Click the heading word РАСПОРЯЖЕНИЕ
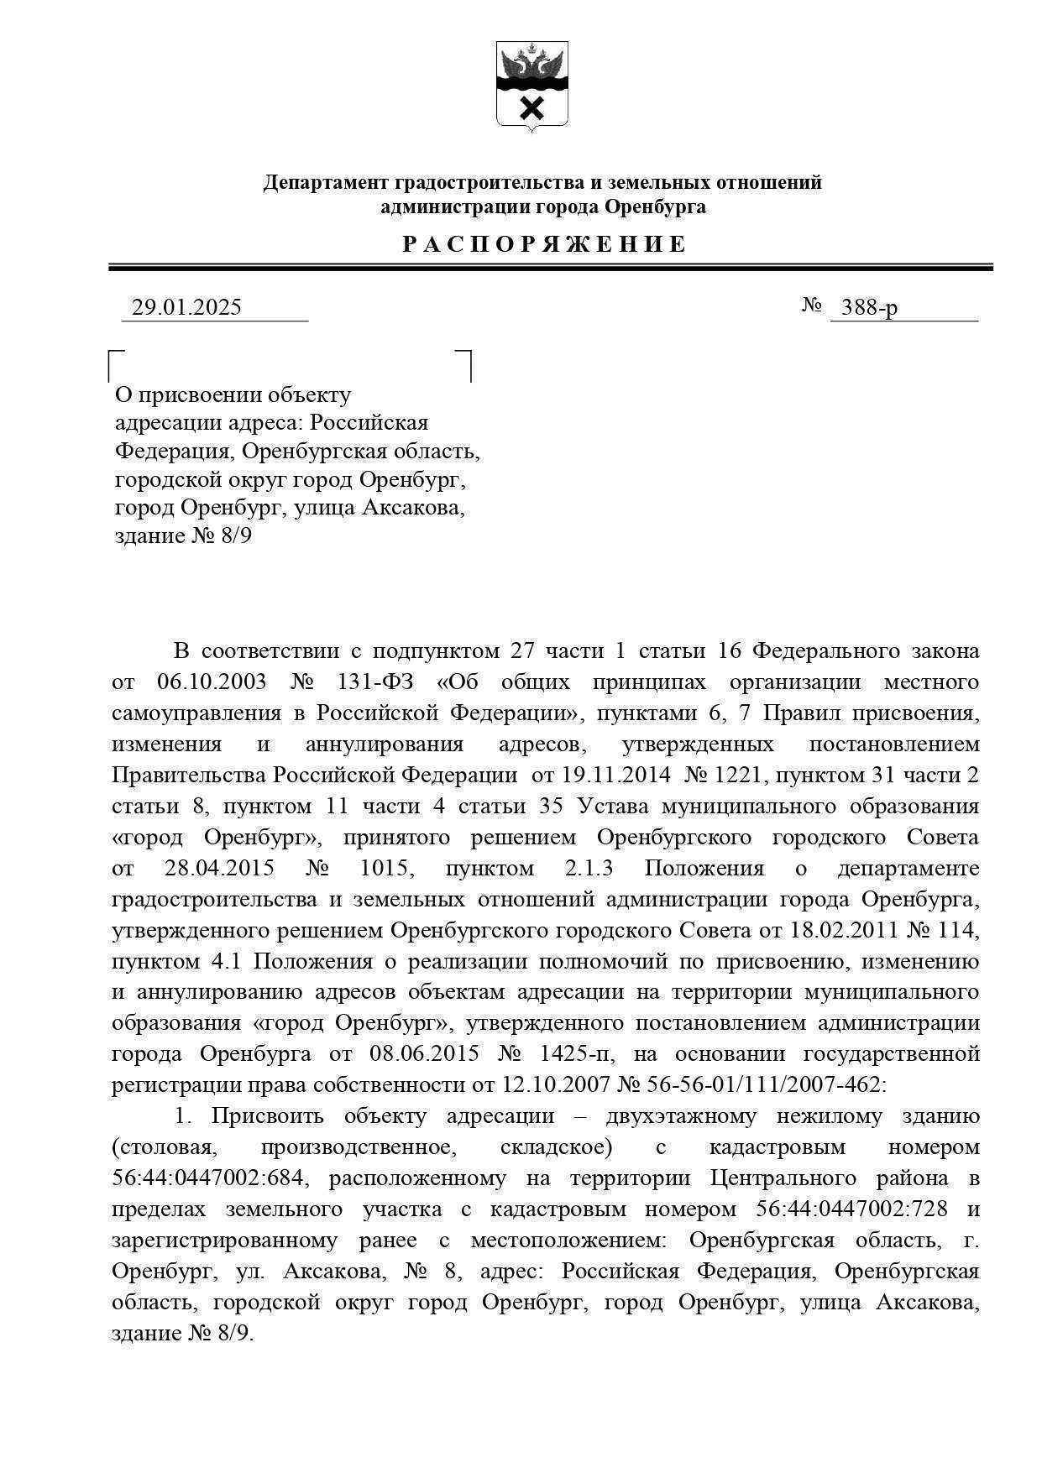pos(544,245)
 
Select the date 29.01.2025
pos(186,308)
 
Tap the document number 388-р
pos(869,308)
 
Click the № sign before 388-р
pos(811,306)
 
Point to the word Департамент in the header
pos(325,183)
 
